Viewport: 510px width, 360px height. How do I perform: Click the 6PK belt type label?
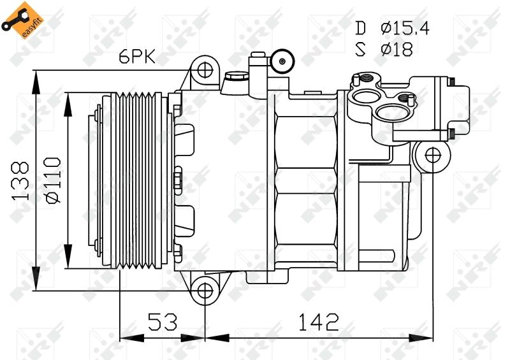[x=138, y=57]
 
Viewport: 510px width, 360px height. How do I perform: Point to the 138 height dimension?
[x=21, y=181]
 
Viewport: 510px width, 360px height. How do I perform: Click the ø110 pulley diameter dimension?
[x=53, y=181]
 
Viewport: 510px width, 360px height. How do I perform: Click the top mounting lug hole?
[x=204, y=68]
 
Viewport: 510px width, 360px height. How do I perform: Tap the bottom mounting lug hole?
[x=204, y=291]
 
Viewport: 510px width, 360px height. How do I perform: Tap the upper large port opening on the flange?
[x=363, y=98]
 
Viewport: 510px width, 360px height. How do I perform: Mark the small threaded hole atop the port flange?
[x=368, y=79]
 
